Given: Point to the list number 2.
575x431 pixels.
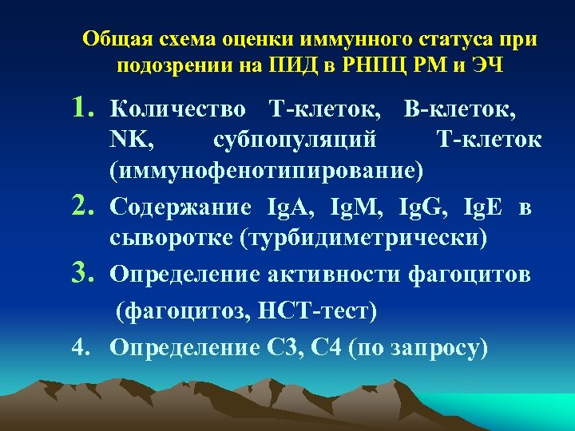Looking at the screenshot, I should pyautogui.click(x=85, y=207).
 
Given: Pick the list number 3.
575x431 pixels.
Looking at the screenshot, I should pyautogui.click(x=85, y=273).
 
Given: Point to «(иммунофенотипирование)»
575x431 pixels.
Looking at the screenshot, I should pyautogui.click(x=268, y=171).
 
